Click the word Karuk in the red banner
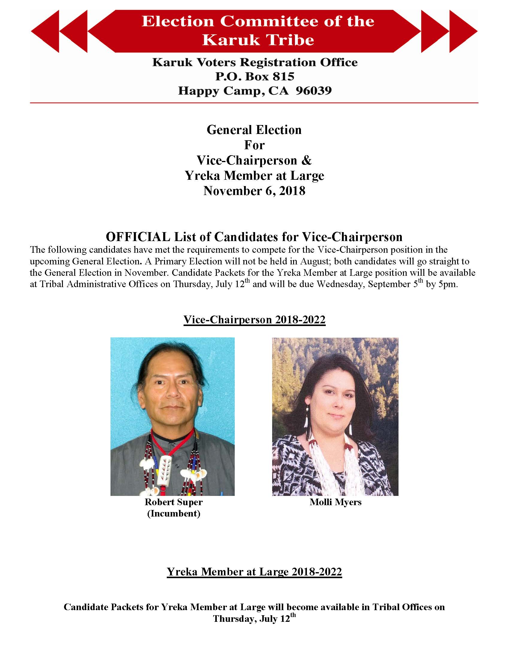coord(227,40)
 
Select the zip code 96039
coord(313,91)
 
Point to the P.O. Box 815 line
coord(255,77)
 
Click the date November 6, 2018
coord(254,191)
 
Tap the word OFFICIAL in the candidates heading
coord(138,237)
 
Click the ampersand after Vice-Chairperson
coord(306,160)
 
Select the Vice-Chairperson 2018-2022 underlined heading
coord(254,319)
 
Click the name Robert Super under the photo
coord(173,502)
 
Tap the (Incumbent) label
coord(173,513)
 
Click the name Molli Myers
coord(335,502)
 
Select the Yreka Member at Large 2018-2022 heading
coord(254,572)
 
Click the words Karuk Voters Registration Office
coord(255,63)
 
